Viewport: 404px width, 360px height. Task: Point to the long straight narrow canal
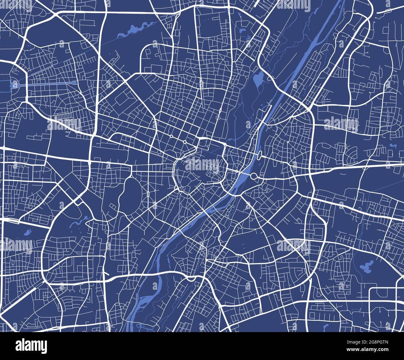point(51,84)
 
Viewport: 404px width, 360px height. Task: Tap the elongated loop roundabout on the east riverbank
point(259,154)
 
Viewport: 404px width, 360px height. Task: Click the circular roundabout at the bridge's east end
point(254,177)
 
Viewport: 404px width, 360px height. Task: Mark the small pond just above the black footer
point(326,327)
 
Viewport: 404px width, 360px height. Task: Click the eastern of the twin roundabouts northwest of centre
point(185,142)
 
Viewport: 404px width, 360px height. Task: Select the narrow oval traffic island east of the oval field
point(154,190)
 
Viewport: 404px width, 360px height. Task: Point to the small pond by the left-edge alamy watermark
point(28,232)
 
